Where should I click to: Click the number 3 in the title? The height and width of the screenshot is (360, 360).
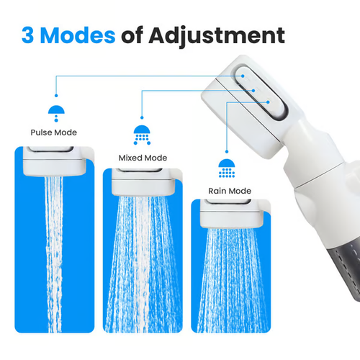coord(28,35)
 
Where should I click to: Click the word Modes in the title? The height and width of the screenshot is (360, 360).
coord(78,35)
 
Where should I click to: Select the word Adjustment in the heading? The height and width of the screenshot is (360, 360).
coord(215,35)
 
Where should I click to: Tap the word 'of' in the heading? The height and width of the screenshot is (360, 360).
coord(135,35)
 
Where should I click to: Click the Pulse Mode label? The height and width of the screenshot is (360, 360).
coord(53,132)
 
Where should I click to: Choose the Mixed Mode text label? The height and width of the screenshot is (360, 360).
coord(142,157)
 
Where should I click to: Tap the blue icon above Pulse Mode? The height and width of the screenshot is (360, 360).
coord(53,112)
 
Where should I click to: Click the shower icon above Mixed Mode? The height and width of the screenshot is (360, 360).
coord(142,135)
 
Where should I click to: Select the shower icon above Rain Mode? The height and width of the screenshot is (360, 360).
coord(227,167)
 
